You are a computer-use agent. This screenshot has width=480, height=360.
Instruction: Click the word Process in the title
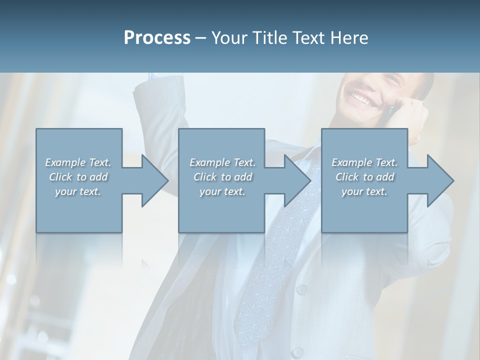pos(157,38)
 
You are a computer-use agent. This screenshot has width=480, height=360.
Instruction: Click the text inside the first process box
pos(78,177)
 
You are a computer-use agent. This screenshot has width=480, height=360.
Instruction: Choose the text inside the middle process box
pos(222,177)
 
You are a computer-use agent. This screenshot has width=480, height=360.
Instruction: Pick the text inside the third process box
pos(364,177)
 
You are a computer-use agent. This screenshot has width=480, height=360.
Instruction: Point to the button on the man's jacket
pos(301,289)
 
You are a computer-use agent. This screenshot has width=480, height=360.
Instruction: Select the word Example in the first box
pos(65,162)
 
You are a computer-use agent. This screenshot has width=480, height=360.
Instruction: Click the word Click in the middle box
pos(205,177)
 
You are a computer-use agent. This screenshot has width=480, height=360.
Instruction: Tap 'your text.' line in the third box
pos(364,191)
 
